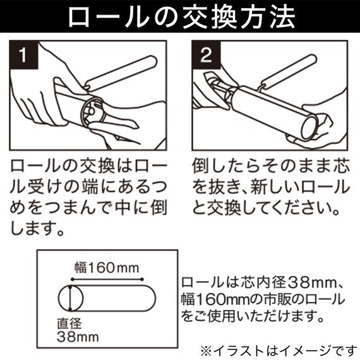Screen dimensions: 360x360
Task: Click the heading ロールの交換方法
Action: [181, 17]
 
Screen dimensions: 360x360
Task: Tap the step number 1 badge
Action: [23, 55]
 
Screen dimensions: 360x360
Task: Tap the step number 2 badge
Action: [206, 55]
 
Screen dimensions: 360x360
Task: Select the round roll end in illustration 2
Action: [309, 128]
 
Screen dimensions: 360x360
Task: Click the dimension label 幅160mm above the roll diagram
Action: [107, 268]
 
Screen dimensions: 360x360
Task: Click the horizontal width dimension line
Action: [107, 279]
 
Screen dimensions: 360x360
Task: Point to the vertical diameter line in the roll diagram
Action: [71, 298]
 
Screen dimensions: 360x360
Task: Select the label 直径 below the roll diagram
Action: [69, 324]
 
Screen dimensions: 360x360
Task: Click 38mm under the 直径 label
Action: [78, 337]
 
